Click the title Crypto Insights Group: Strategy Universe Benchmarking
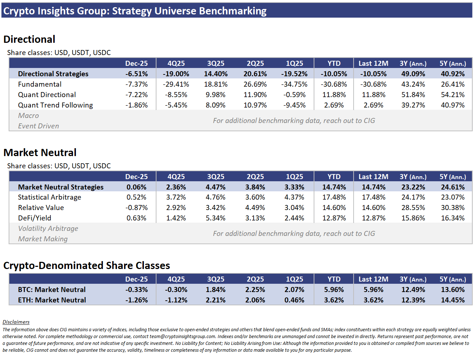(135, 11)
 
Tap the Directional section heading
(29, 39)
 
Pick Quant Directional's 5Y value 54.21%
(452, 95)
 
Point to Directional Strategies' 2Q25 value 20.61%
(255, 74)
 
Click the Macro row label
(28, 116)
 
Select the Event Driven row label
(38, 126)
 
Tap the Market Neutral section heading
(40, 152)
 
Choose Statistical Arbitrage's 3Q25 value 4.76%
(215, 197)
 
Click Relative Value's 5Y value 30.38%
(452, 208)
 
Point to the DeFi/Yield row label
(35, 218)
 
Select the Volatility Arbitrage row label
(48, 229)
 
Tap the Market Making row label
(43, 239)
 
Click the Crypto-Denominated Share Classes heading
(87, 265)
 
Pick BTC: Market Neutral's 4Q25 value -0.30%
(176, 290)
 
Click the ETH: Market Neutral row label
(52, 300)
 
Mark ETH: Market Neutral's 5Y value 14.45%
(452, 300)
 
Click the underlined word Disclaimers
(16, 322)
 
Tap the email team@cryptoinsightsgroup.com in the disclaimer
(182, 337)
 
